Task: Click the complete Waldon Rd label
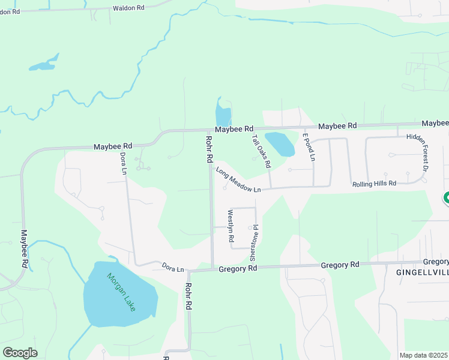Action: (x=128, y=8)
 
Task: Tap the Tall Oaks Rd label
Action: (x=262, y=151)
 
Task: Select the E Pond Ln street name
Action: (x=309, y=148)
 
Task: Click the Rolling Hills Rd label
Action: (x=375, y=184)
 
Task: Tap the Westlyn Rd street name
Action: (x=231, y=226)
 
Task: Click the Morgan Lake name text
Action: (x=122, y=292)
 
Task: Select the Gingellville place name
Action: (x=423, y=272)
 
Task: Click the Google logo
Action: (x=20, y=353)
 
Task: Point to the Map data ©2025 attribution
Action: (x=424, y=355)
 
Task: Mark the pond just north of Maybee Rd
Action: (x=223, y=113)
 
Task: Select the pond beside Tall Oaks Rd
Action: (x=280, y=144)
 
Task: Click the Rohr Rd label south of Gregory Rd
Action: (x=188, y=296)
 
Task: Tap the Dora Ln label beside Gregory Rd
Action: (x=173, y=266)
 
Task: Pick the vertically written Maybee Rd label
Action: (x=25, y=248)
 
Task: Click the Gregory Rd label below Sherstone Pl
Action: (x=238, y=269)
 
